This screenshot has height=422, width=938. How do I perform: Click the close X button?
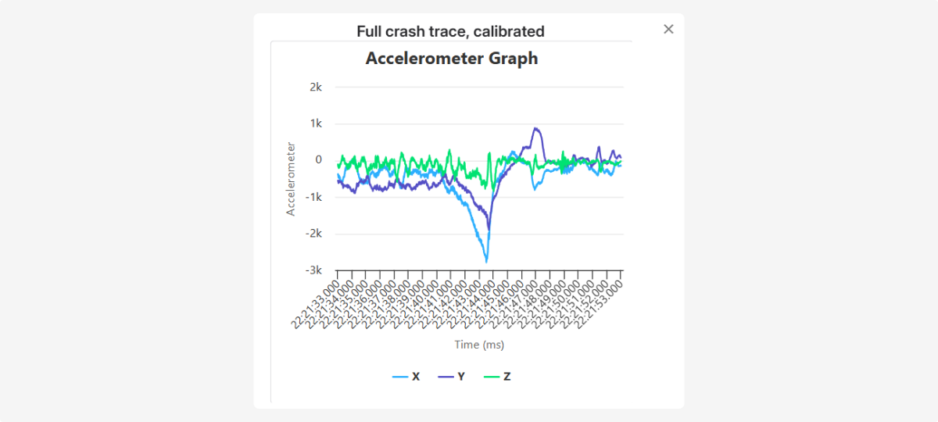668,29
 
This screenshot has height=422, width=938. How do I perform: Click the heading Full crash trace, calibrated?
450,31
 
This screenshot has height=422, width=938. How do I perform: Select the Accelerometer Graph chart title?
452,59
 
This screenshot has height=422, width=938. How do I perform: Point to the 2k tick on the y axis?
315,88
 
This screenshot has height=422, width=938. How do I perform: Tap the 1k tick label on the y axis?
315,123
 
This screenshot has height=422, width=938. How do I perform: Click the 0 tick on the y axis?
318,160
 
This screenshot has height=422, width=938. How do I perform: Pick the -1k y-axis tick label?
313,197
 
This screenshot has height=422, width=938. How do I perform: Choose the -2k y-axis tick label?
313,234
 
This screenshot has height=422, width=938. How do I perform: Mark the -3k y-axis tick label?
313,270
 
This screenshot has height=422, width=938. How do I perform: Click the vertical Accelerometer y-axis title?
291,179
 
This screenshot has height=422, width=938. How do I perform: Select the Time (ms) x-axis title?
479,345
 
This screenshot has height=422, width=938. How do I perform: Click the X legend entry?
406,377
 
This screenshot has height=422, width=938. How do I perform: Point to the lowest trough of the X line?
486,261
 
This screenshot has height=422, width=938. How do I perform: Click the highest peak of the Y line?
535,128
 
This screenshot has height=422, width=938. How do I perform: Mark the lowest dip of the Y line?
489,228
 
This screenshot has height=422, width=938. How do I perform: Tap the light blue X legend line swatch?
399,377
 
